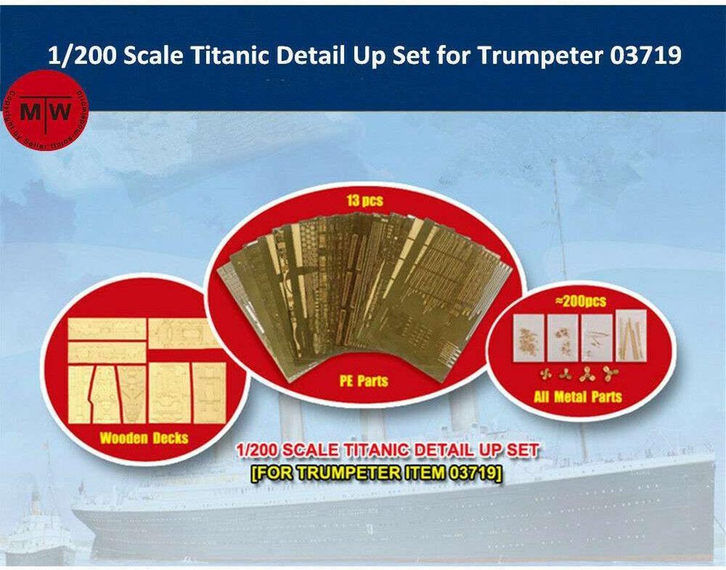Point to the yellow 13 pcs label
(364, 201)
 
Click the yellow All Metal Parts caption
(578, 396)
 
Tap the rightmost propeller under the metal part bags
(609, 375)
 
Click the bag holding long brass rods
(631, 336)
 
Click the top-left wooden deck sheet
(106, 329)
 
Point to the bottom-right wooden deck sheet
(209, 391)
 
